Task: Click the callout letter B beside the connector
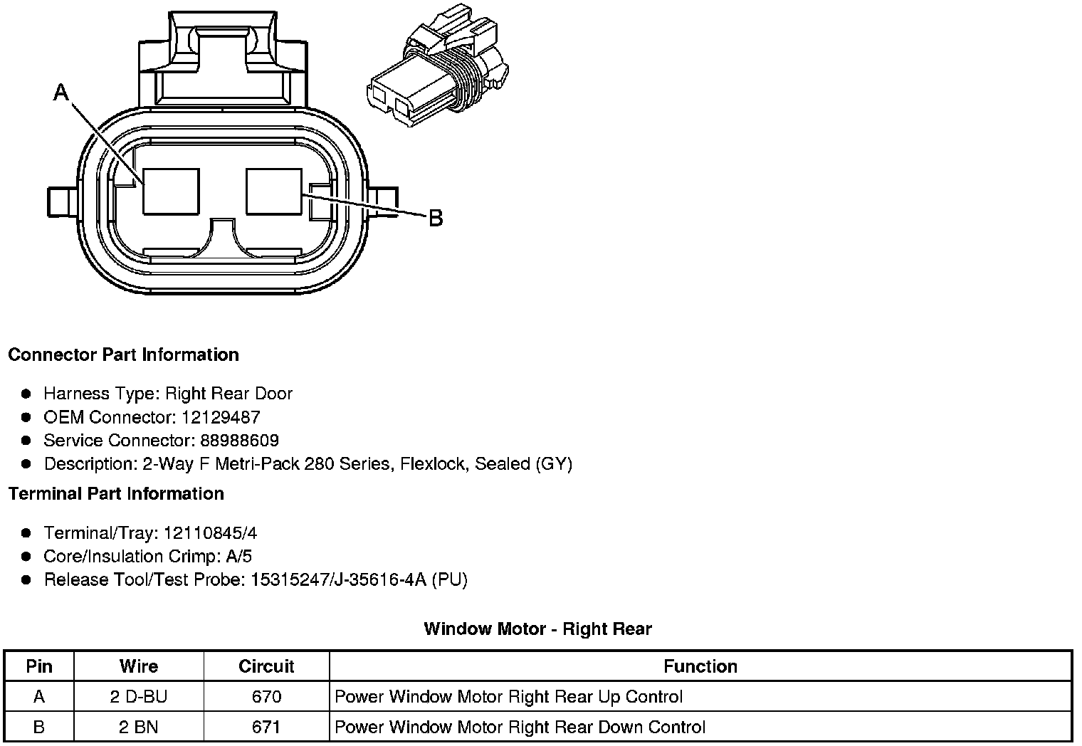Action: pos(436,218)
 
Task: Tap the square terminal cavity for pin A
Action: pos(171,191)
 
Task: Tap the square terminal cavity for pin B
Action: pos(274,191)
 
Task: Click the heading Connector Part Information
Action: pos(123,354)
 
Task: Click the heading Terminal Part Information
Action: pos(116,493)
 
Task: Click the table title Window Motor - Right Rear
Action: pos(537,629)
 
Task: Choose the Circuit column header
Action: pos(266,666)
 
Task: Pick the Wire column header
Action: pos(139,666)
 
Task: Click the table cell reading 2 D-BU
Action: pos(139,697)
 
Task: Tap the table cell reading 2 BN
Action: pos(139,727)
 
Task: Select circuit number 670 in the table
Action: pos(266,697)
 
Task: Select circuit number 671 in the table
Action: pos(266,727)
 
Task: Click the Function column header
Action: pos(700,666)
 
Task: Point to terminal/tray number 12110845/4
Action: pos(210,533)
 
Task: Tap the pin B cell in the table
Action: pos(39,727)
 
